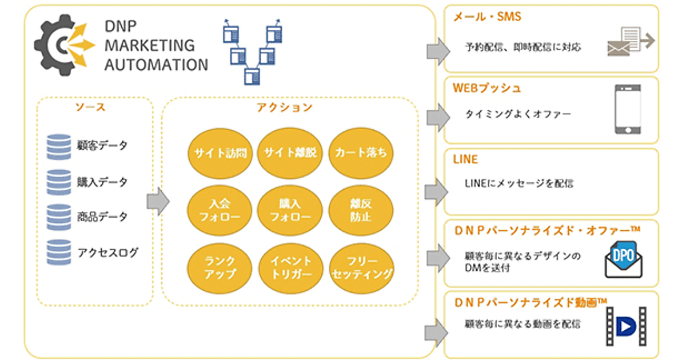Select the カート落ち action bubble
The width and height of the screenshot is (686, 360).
[x=361, y=153]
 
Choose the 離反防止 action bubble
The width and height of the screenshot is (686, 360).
[x=361, y=210]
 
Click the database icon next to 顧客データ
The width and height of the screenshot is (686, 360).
[x=59, y=146]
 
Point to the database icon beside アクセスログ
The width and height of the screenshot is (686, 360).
[x=59, y=252]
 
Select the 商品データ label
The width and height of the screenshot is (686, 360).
[x=103, y=217]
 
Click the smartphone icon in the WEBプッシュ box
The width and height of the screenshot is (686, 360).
[x=627, y=109]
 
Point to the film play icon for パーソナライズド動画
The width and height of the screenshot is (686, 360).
[x=627, y=326]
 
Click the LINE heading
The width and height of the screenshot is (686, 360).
[x=465, y=159]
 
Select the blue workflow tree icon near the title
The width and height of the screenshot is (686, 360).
[x=252, y=52]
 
